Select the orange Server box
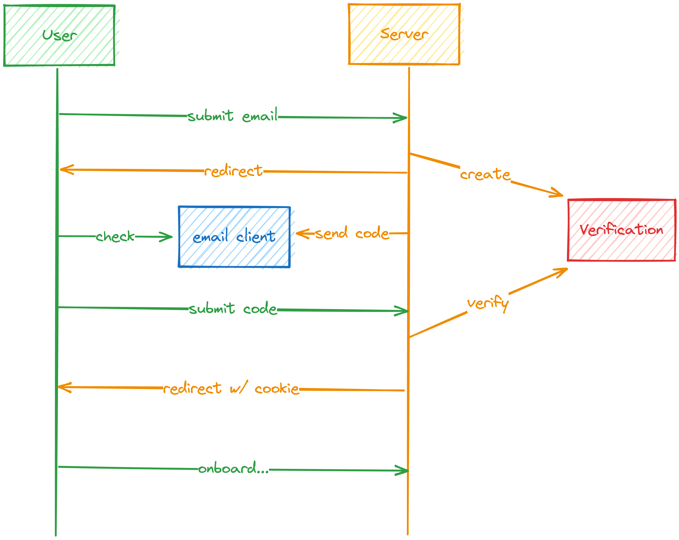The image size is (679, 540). (x=404, y=34)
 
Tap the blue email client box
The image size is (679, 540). (x=234, y=237)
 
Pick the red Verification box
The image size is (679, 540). (x=621, y=230)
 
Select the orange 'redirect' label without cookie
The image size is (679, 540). (x=233, y=171)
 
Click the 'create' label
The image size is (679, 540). (x=485, y=174)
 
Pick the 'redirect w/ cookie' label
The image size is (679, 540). (x=231, y=388)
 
